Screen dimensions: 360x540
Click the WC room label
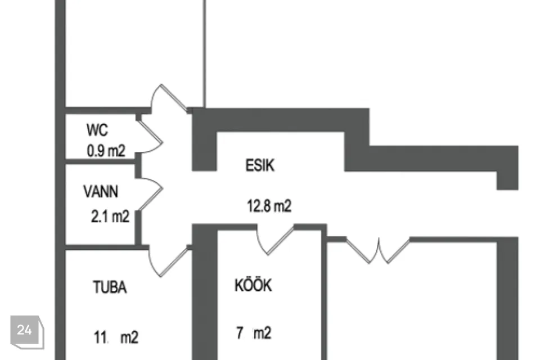click(97, 130)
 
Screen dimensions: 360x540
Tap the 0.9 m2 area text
click(105, 151)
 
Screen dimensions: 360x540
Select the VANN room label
click(101, 191)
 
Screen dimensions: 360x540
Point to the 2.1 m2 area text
click(110, 217)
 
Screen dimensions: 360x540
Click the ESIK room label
click(260, 166)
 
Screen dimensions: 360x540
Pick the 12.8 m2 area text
click(269, 206)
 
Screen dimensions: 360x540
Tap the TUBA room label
click(110, 288)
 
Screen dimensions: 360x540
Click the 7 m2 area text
click(254, 334)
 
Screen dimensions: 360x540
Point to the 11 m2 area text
click(115, 337)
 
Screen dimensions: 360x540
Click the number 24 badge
click(24, 330)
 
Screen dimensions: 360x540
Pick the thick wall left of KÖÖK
click(205, 292)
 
